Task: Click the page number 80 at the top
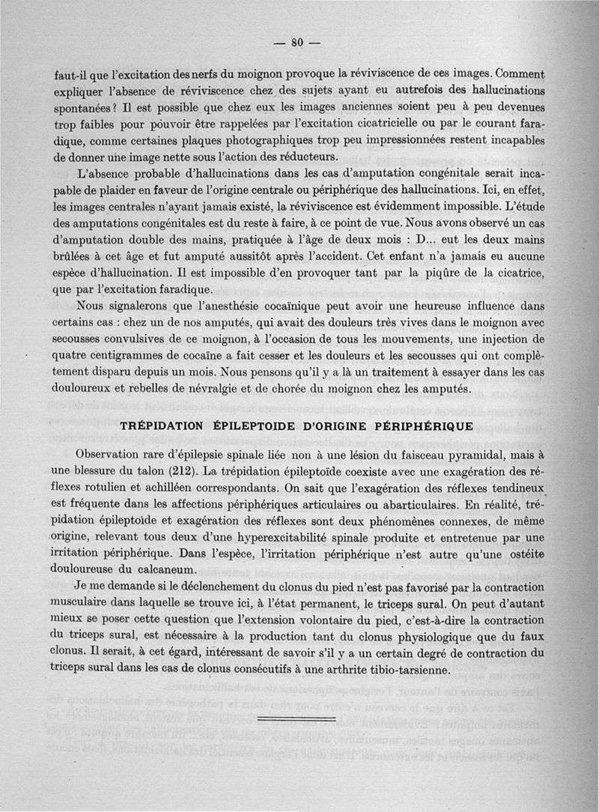click(297, 43)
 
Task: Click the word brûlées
click(76, 256)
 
